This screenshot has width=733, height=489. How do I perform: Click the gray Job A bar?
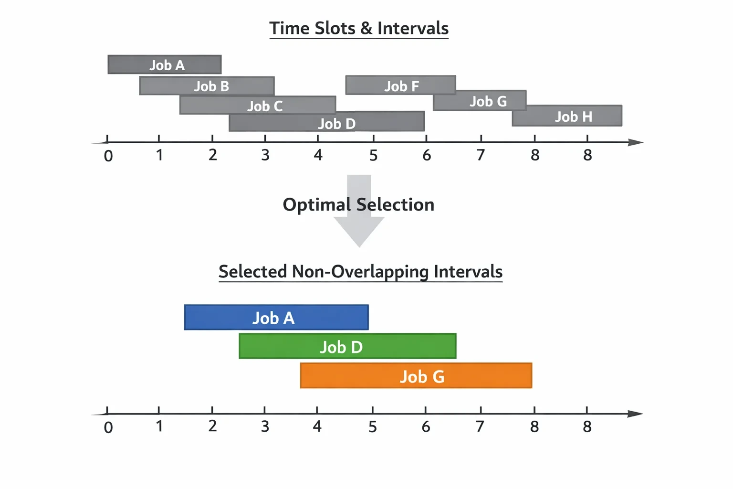(x=165, y=64)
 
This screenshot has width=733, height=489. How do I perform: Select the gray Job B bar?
(x=207, y=86)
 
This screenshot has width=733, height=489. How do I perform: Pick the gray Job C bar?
(x=258, y=105)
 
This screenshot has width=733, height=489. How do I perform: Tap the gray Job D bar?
(x=327, y=121)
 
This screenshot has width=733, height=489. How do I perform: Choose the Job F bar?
(x=401, y=85)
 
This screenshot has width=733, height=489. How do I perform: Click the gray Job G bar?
(x=480, y=101)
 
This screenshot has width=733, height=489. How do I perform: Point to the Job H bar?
(x=567, y=116)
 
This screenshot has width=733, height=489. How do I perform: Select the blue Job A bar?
(x=276, y=318)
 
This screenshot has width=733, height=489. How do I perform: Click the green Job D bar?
(x=347, y=346)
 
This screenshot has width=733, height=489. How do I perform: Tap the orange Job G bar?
(x=416, y=376)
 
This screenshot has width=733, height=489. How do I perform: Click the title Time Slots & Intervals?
(x=359, y=28)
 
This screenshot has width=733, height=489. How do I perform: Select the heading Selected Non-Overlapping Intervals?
(x=361, y=272)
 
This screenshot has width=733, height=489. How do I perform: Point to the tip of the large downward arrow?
(x=359, y=247)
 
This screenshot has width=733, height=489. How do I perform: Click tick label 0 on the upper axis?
(x=108, y=156)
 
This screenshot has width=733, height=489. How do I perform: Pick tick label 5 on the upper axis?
(x=373, y=155)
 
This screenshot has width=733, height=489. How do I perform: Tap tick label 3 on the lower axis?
(x=265, y=426)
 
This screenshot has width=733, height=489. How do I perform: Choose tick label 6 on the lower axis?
(x=426, y=426)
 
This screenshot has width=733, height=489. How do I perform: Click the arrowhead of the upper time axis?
(x=636, y=142)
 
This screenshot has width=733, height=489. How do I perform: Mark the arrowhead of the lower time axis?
(x=636, y=414)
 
